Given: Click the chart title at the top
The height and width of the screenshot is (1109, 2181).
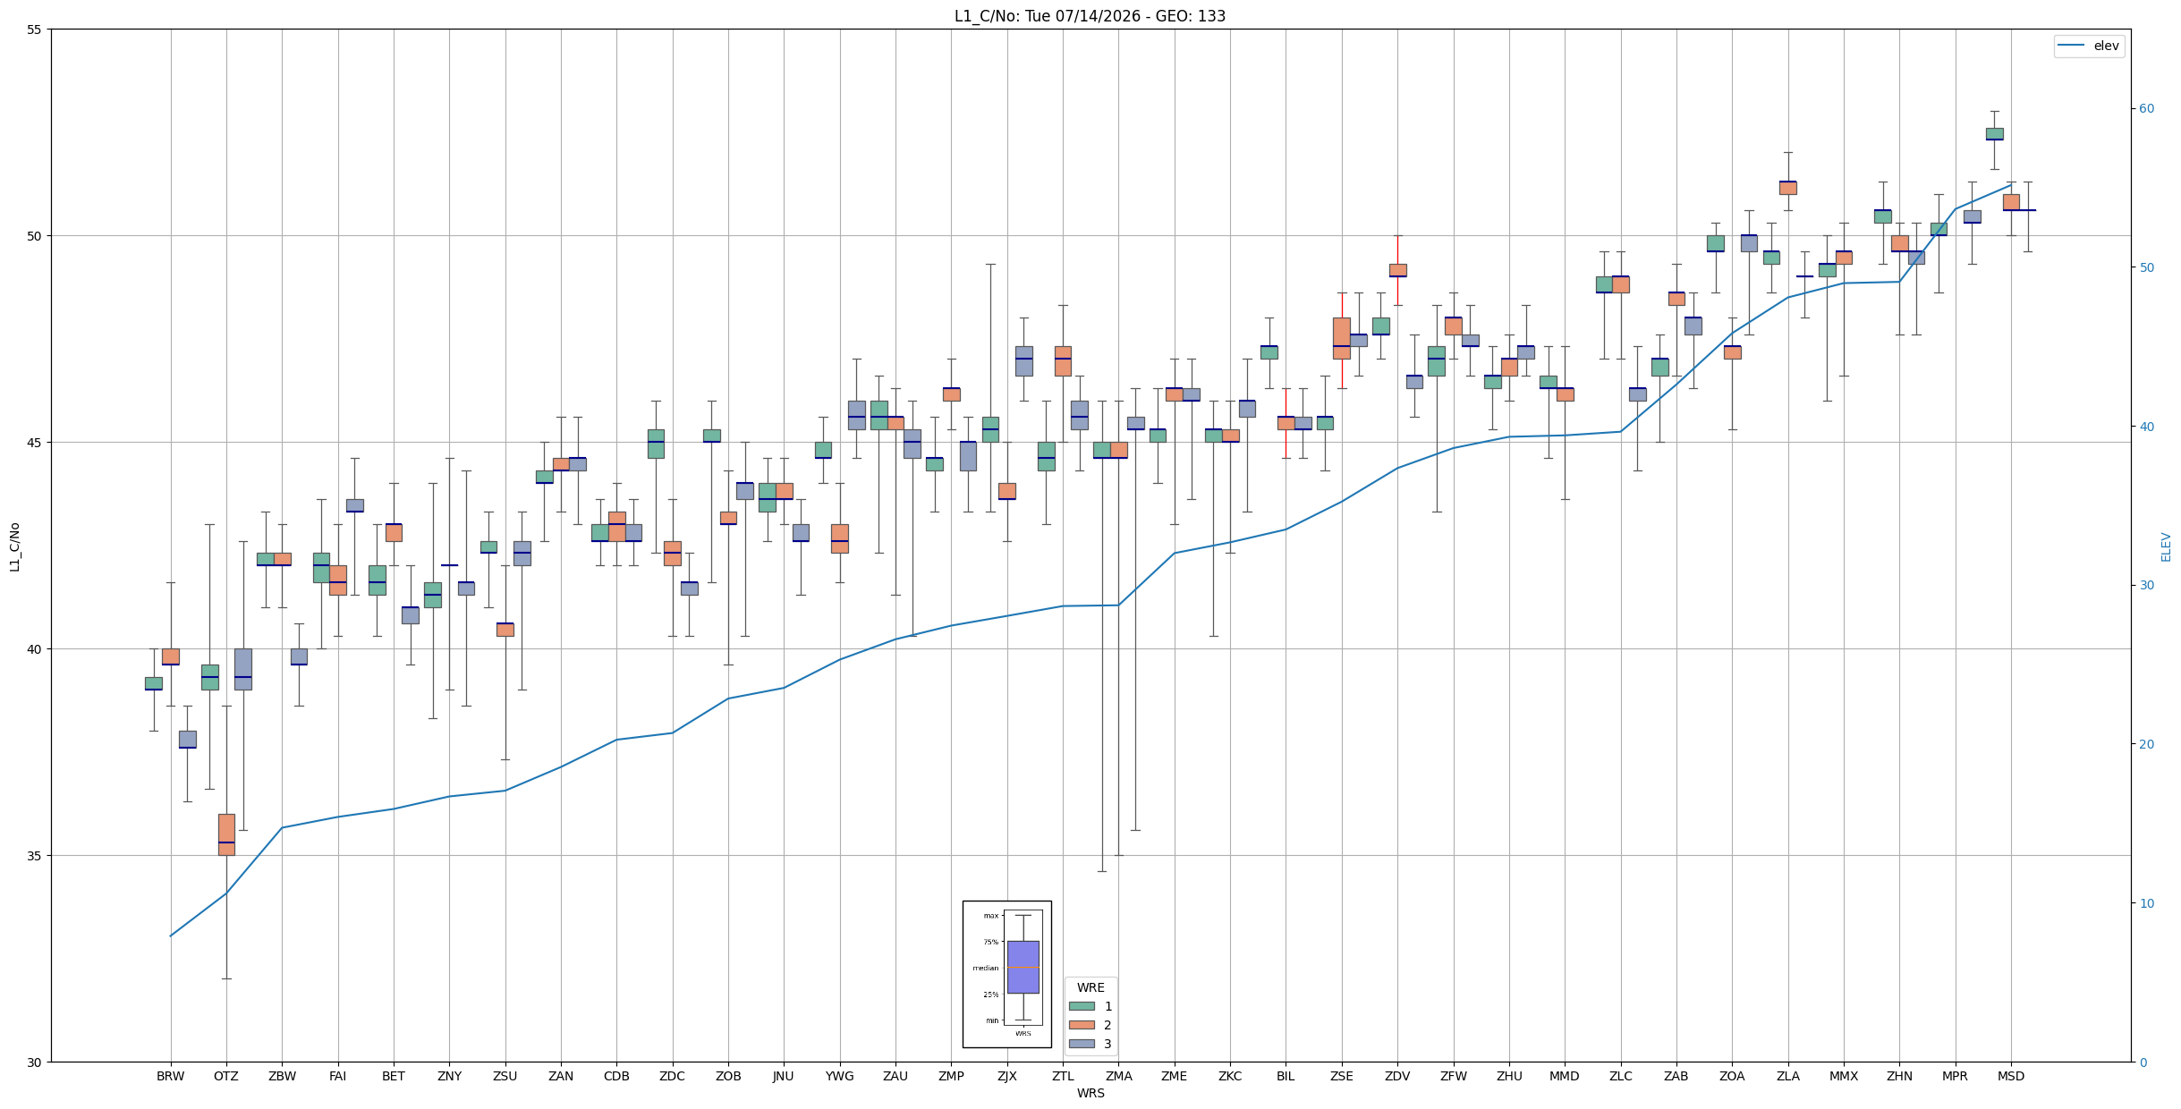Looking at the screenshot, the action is point(1090,16).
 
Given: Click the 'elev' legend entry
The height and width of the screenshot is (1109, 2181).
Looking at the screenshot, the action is point(2089,46).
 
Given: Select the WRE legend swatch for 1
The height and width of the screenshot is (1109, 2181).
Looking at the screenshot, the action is point(1082,1006).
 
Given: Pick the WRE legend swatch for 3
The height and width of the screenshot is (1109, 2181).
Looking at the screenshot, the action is point(1082,1044).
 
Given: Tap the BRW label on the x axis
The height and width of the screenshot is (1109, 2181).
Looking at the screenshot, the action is point(170,1076).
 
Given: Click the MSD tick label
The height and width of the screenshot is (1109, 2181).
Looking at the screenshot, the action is point(2011,1076).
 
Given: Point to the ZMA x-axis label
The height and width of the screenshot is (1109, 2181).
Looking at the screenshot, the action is point(1118,1076).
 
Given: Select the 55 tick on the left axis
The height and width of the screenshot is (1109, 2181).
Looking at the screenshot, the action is point(35,30).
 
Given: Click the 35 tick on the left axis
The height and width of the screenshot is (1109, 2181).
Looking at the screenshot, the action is point(35,856).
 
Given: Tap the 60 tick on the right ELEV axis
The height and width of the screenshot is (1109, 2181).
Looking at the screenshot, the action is point(2147,109).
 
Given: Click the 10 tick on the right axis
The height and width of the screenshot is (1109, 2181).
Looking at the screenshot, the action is point(2147,903).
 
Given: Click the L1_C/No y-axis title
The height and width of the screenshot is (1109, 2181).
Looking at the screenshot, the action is point(14,546).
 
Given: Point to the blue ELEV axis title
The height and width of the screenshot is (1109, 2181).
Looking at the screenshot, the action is point(2166,546).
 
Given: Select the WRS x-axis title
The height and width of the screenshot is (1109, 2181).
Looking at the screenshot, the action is point(1090,1093).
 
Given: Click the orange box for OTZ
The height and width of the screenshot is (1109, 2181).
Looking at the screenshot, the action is point(226,834).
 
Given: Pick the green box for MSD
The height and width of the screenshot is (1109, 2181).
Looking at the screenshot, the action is point(1994,134).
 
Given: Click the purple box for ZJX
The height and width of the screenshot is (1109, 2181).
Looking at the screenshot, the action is point(1023,361).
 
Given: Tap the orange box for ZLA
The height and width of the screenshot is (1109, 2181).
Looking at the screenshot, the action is point(1787,188).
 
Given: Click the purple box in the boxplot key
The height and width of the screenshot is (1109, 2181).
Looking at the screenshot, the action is point(1023,967).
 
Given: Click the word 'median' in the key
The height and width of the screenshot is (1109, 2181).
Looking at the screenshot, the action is point(985,968).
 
